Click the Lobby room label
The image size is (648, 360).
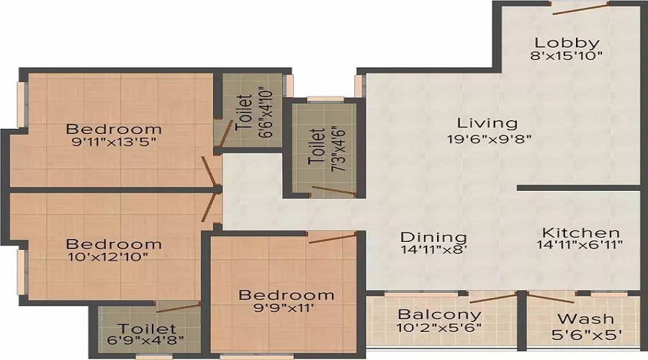[x=567, y=42]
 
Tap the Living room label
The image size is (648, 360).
[x=487, y=123]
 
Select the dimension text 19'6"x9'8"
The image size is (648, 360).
[x=489, y=138]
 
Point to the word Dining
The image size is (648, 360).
[x=434, y=238]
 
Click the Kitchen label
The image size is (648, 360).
[x=581, y=233]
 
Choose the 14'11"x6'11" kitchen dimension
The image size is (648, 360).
[x=580, y=245]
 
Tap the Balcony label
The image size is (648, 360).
[x=440, y=315]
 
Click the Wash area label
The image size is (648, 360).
[x=585, y=319]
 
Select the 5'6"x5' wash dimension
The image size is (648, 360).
[x=587, y=334]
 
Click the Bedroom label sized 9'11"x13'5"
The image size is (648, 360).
[x=114, y=129]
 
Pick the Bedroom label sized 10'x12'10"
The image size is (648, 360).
[x=114, y=244]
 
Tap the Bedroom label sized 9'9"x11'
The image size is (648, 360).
[x=287, y=294]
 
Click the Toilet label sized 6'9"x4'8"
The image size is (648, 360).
[x=147, y=329]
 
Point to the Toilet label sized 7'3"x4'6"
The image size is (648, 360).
[x=317, y=147]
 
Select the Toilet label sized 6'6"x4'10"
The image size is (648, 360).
[x=244, y=113]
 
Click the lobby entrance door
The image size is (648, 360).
[x=580, y=8]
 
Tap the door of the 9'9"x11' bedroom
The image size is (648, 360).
[x=332, y=238]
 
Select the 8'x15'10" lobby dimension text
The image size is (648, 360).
[x=566, y=55]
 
